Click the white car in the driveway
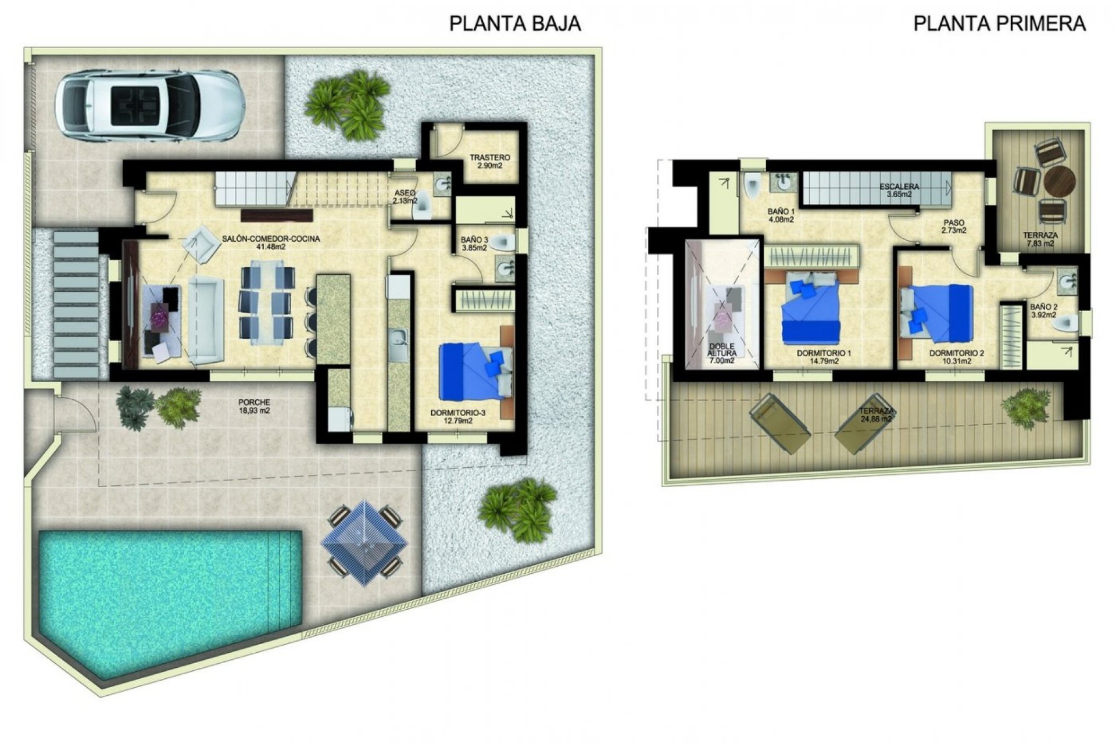149,106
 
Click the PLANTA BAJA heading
515,23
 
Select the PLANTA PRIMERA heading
999,23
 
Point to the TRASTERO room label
489,158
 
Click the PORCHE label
254,402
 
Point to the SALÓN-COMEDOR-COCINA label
271,238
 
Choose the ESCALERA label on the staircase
899,187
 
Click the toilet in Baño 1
752,186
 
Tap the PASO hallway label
954,223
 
